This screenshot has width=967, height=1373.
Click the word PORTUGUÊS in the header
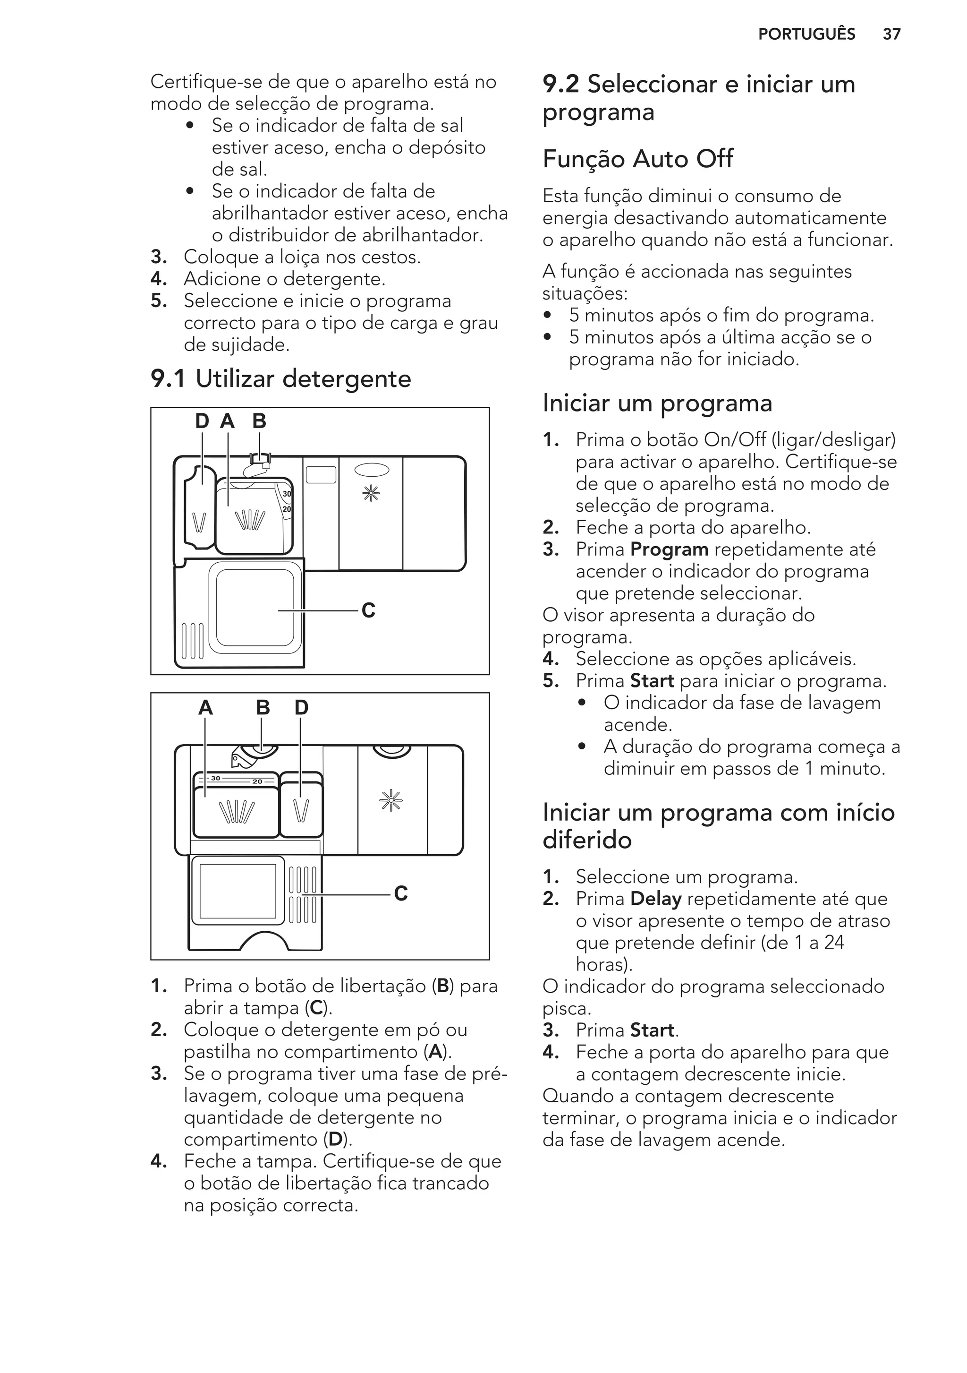[x=806, y=34]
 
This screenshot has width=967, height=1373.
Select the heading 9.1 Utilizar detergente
[x=281, y=379]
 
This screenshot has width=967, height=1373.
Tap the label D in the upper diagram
[x=202, y=421]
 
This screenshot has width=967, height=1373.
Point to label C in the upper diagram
[x=369, y=610]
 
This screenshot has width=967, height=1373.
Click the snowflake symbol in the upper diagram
[x=371, y=493]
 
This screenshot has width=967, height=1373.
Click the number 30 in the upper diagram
[x=287, y=494]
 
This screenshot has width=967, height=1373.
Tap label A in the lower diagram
[x=205, y=708]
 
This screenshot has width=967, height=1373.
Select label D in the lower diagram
[x=301, y=708]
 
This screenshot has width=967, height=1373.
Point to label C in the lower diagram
[x=401, y=893]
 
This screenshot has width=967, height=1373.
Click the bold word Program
[x=669, y=549]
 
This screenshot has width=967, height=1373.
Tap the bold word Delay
[x=656, y=899]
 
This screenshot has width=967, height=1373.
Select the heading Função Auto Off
[x=637, y=159]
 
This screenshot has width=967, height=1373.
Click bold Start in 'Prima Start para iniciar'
[x=652, y=680]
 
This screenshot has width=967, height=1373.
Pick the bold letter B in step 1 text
[x=443, y=986]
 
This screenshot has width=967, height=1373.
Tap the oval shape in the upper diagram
[x=371, y=470]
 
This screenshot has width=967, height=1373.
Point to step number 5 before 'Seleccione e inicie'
[x=158, y=301]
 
